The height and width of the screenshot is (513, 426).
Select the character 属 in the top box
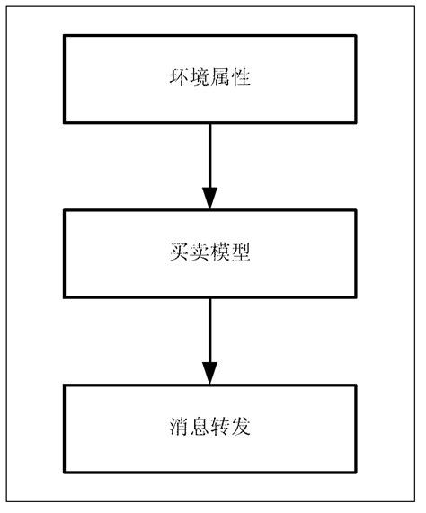[x=219, y=80]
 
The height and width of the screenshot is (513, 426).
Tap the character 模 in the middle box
[x=219, y=254]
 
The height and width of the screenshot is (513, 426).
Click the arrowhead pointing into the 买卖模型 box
[x=209, y=198]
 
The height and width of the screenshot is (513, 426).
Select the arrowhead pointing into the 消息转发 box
[x=209, y=372]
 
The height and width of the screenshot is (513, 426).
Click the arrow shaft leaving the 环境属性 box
[x=209, y=153]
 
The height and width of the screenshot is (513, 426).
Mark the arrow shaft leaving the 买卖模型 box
[x=209, y=328]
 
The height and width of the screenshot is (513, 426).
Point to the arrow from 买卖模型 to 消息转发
[x=209, y=341]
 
